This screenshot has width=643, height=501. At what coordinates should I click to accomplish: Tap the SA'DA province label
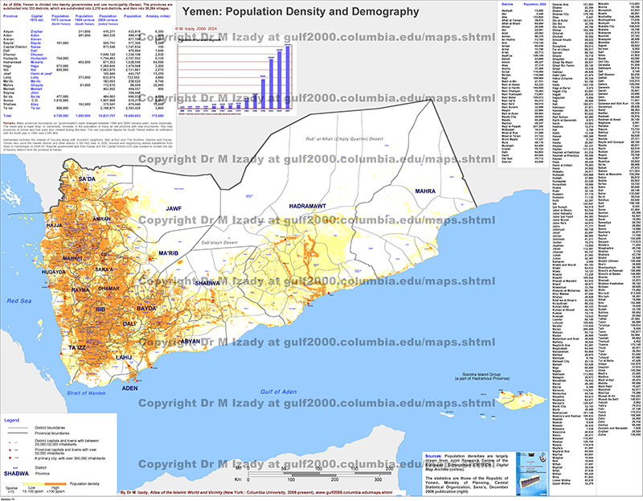pos(87,179)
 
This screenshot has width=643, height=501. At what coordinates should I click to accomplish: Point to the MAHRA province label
pos(425,191)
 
